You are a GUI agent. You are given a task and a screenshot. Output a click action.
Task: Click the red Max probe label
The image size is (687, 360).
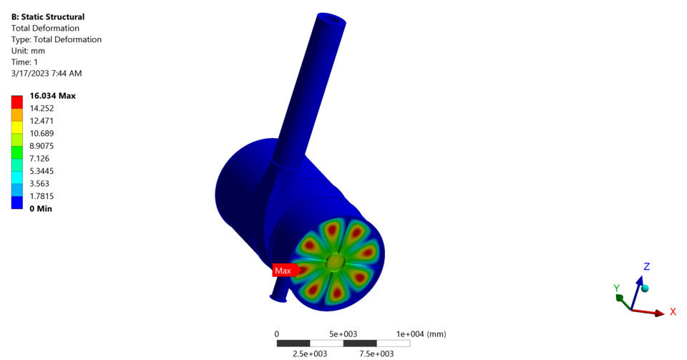(x=283, y=271)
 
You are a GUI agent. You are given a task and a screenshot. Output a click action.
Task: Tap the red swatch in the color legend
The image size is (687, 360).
(x=17, y=102)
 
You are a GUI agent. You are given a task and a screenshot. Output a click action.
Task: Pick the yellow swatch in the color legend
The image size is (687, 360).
(x=17, y=127)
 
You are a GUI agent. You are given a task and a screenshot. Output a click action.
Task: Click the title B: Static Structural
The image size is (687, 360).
(x=48, y=16)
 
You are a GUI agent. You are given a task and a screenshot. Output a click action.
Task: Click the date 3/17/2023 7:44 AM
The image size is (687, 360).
(x=47, y=73)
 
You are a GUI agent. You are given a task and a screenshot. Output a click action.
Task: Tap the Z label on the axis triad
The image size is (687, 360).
(x=646, y=266)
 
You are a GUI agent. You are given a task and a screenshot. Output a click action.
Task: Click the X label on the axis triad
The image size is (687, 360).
(x=673, y=312)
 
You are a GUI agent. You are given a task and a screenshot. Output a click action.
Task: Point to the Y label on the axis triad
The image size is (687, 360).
(x=616, y=288)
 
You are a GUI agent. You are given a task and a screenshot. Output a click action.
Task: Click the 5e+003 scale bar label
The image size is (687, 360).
(x=343, y=334)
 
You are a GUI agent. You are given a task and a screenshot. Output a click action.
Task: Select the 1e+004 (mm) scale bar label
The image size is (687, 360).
(x=421, y=334)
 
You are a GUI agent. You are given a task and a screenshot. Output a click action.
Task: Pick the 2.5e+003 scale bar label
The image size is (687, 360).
(x=310, y=354)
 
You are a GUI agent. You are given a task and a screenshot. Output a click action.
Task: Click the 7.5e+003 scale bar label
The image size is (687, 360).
(x=376, y=354)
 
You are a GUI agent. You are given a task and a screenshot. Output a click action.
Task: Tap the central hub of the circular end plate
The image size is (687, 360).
(x=334, y=263)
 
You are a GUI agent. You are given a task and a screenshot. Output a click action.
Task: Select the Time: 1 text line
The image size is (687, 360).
(x=25, y=62)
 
